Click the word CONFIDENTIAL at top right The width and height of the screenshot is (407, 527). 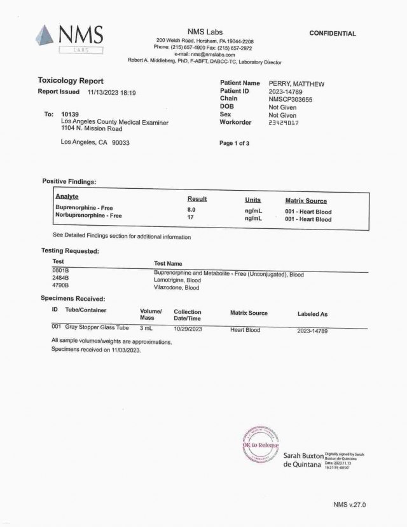click(x=332, y=34)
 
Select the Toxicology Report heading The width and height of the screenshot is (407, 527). click(x=71, y=81)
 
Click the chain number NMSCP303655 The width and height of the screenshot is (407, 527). click(x=291, y=99)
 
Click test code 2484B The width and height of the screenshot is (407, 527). click(x=60, y=279)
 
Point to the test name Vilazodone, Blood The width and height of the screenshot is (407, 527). click(x=177, y=287)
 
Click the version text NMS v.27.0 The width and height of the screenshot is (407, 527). click(x=349, y=504)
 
